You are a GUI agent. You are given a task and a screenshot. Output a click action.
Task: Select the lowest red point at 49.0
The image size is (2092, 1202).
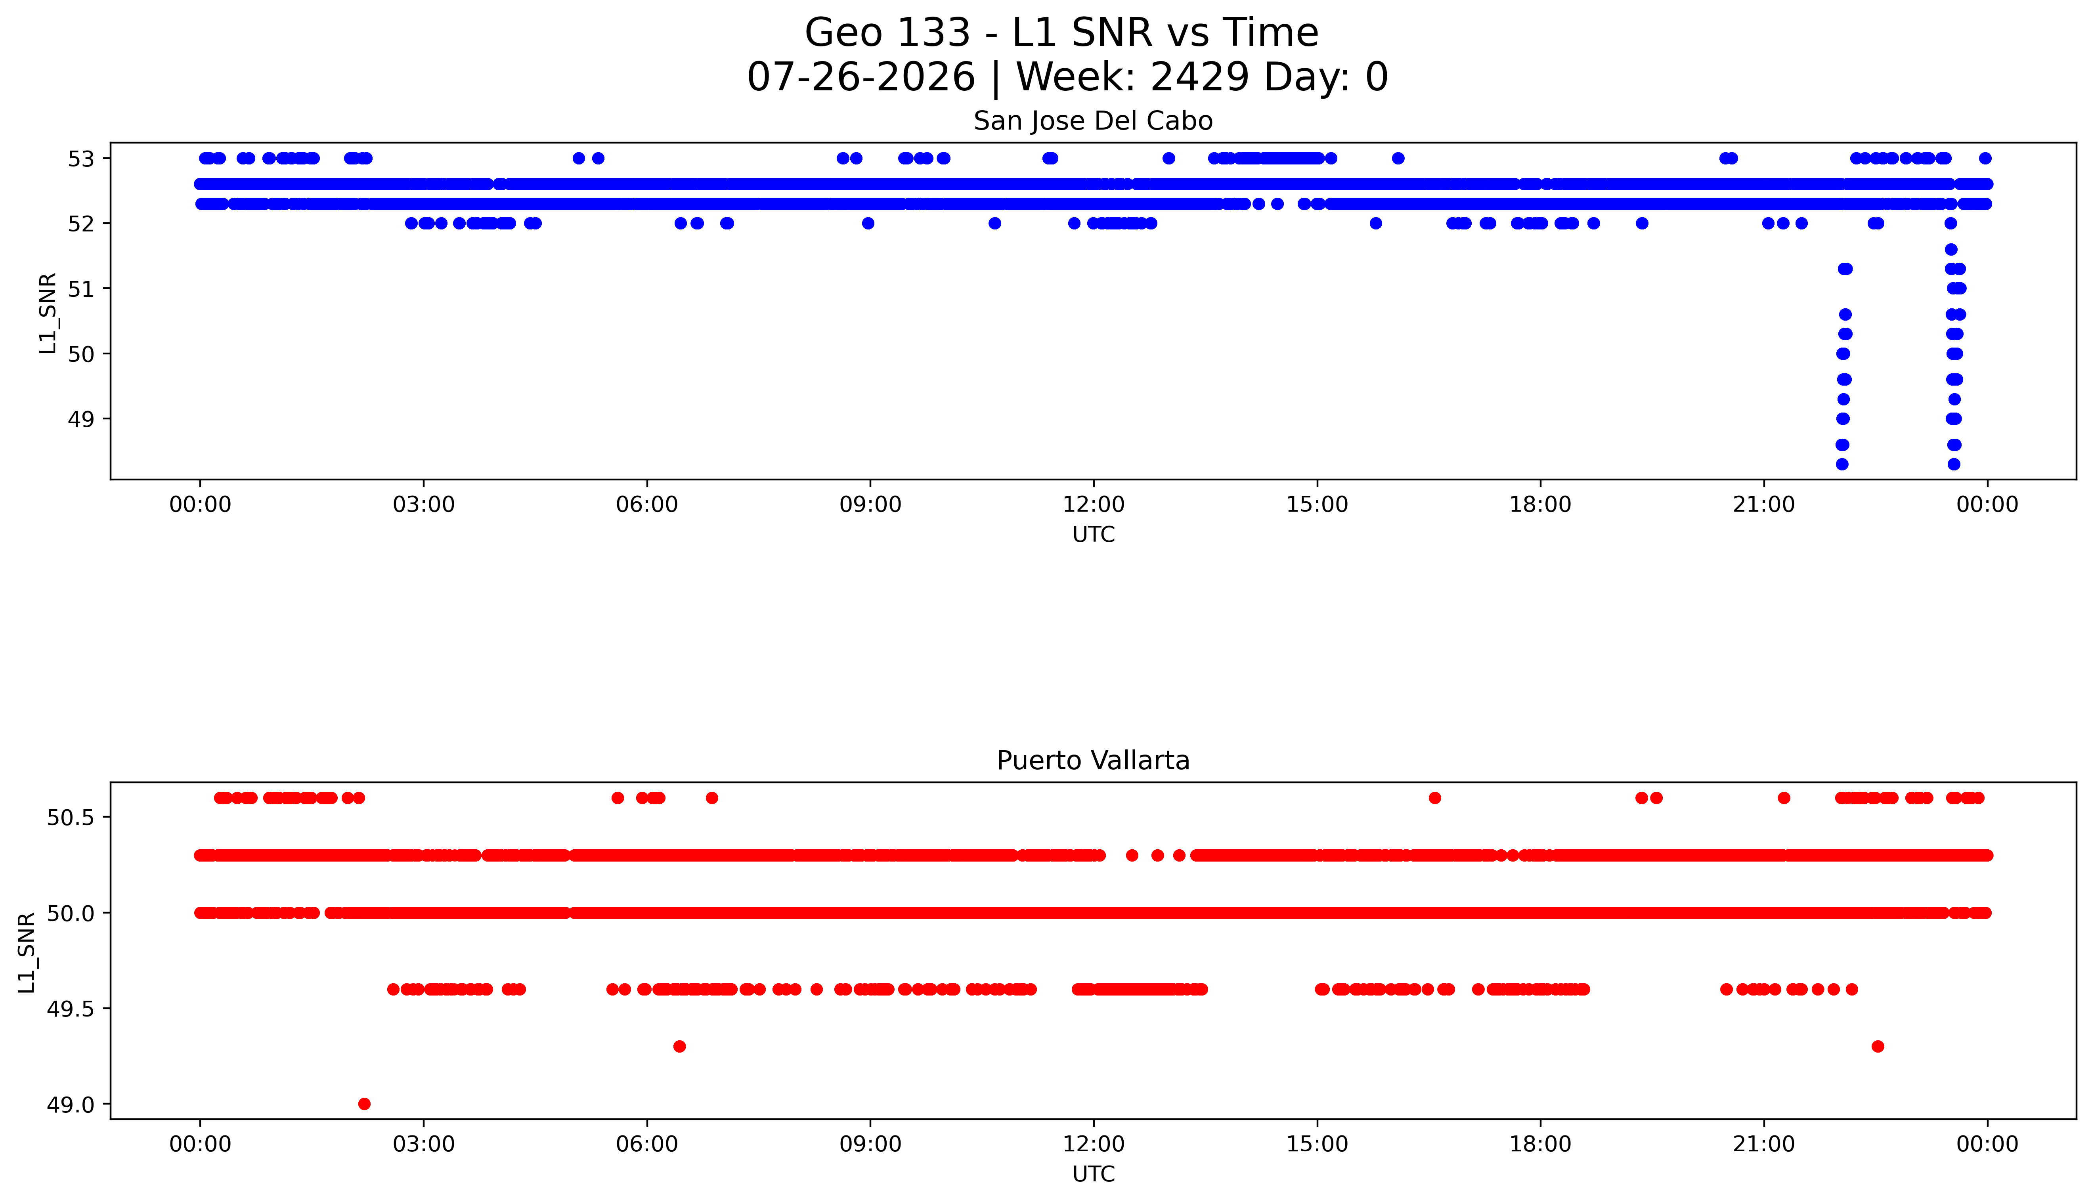click(x=364, y=1104)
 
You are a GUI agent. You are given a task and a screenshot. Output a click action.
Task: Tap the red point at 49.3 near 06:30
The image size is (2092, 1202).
click(x=679, y=1046)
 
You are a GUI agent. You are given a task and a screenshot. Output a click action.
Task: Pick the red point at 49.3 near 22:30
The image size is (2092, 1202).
click(x=1877, y=1046)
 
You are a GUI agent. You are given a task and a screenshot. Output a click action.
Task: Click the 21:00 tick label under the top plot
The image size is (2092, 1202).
click(x=1763, y=504)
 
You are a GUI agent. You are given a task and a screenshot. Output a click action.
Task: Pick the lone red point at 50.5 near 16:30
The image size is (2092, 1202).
click(x=1435, y=797)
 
